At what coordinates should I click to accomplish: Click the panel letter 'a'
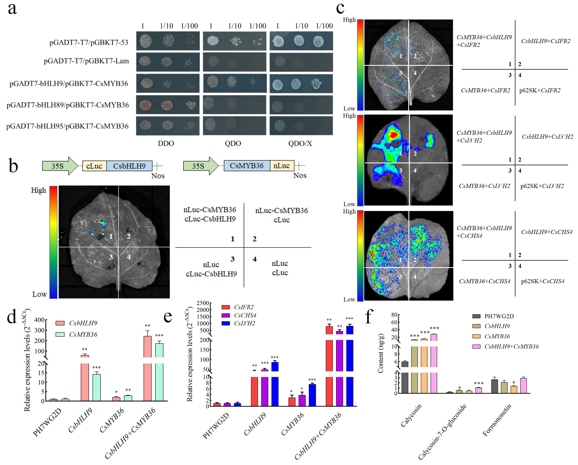click(12, 9)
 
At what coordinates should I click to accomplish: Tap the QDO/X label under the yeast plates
click(300, 144)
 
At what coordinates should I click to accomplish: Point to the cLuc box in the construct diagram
click(94, 166)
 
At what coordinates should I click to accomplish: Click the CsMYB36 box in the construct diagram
click(246, 166)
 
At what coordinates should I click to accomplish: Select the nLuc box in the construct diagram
click(282, 166)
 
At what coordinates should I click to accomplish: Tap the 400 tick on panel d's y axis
click(39, 320)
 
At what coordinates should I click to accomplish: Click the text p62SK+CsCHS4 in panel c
click(543, 281)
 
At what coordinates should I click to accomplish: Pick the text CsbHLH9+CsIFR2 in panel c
click(546, 41)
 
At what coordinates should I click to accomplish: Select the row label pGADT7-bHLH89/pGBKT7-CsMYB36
click(68, 105)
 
